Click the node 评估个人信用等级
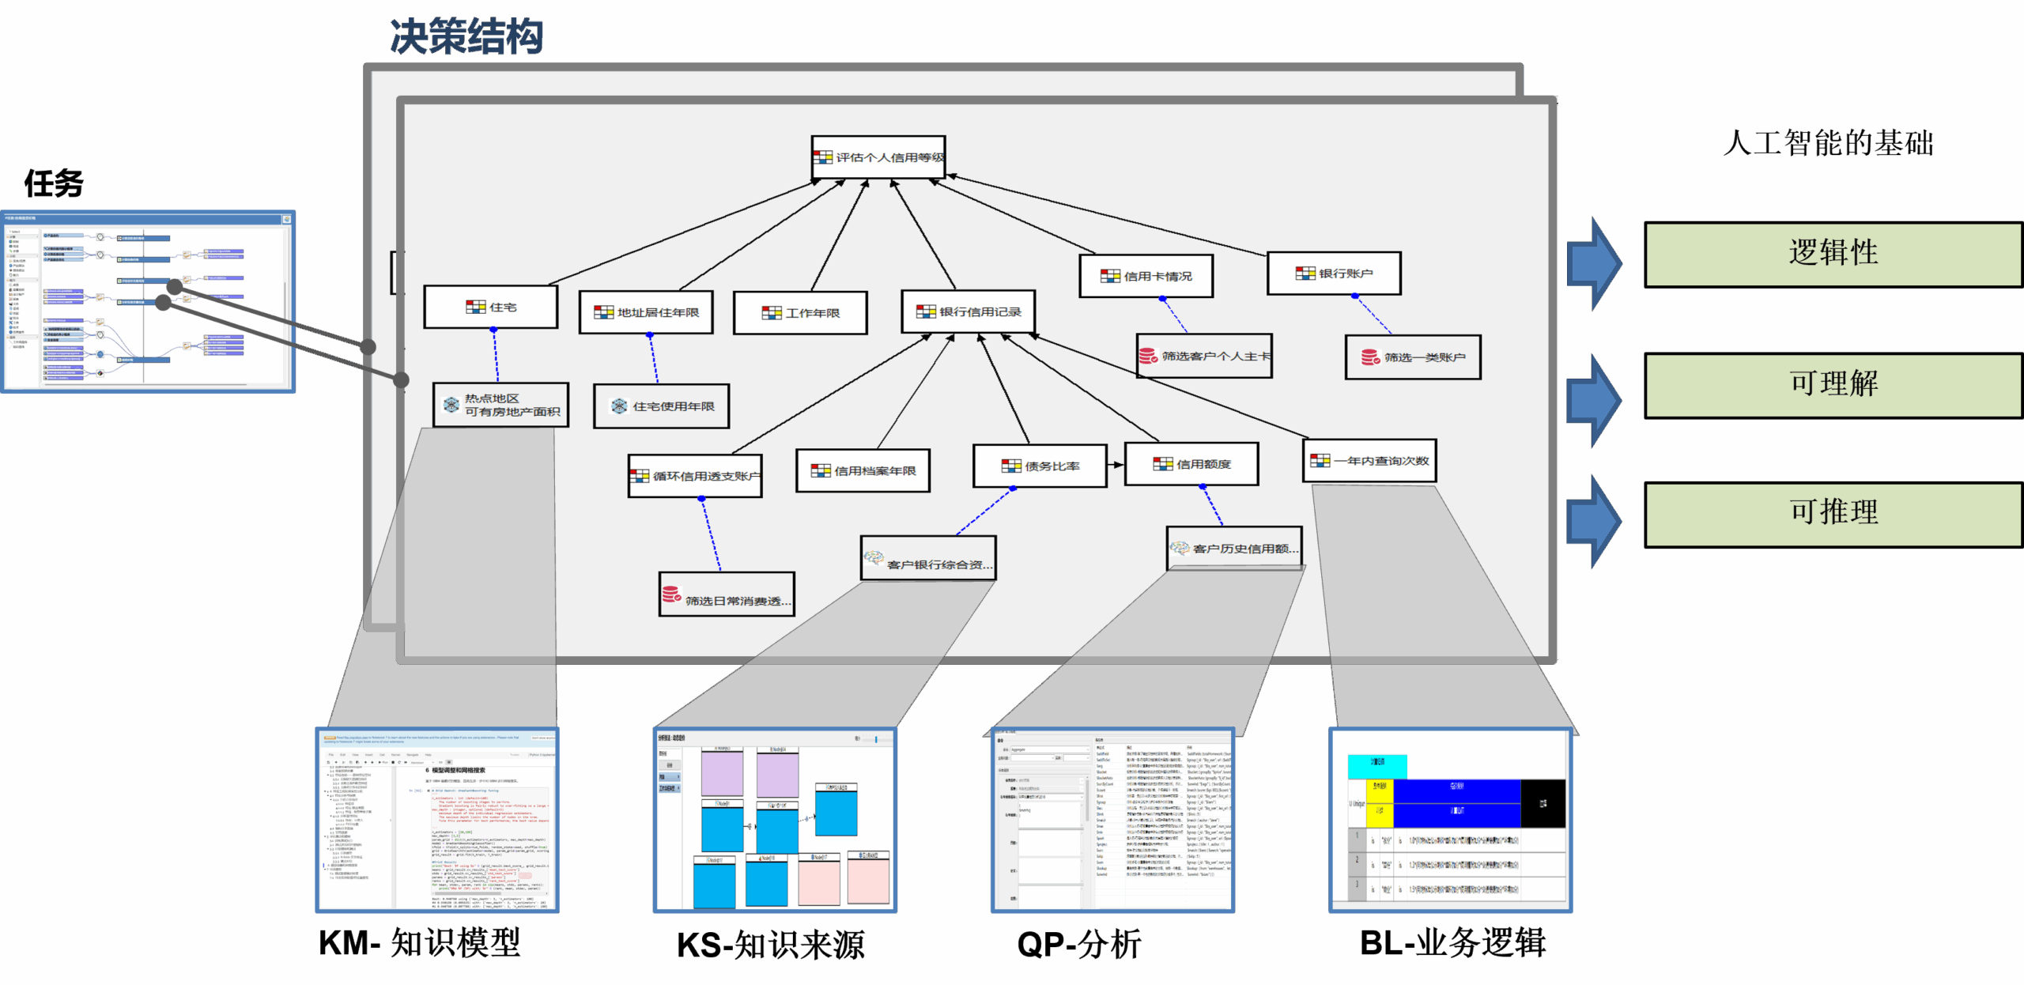pyautogui.click(x=878, y=157)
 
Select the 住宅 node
pyautogui.click(x=491, y=307)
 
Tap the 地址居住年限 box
pyautogui.click(x=646, y=312)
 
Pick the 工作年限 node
pyautogui.click(x=800, y=313)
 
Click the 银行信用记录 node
pyautogui.click(x=969, y=311)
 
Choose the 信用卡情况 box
pyautogui.click(x=1146, y=276)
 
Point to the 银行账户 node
pyautogui.click(x=1334, y=274)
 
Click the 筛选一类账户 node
pyautogui.click(x=1413, y=357)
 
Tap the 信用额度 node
pyautogui.click(x=1191, y=464)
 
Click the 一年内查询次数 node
pyautogui.click(x=1369, y=461)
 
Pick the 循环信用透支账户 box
pyautogui.click(x=695, y=476)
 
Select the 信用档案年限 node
pyautogui.click(x=863, y=470)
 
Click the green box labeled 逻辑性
pyautogui.click(x=1833, y=254)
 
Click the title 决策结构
pyautogui.click(x=466, y=37)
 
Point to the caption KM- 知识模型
pyautogui.click(x=419, y=943)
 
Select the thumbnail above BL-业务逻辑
pyautogui.click(x=1451, y=820)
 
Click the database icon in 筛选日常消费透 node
pyautogui.click(x=671, y=594)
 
